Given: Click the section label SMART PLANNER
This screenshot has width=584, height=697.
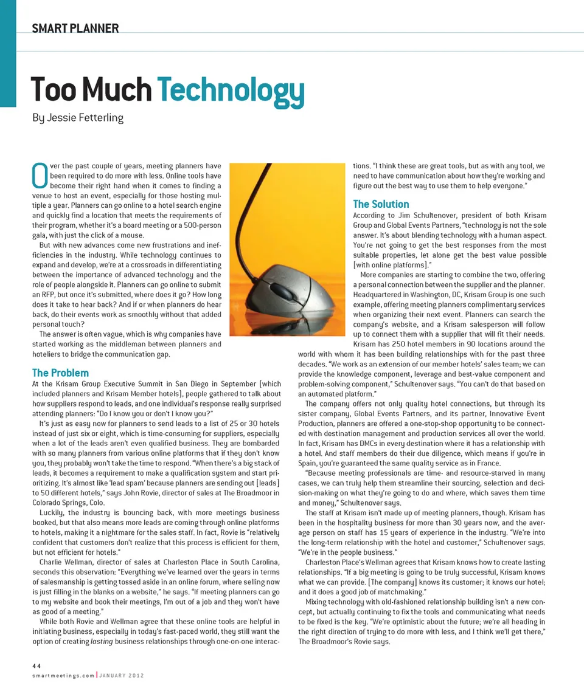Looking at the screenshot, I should pos(75,28).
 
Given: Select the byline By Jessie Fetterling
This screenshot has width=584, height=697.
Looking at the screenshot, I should pos(77,118).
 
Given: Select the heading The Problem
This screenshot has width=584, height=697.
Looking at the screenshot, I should pos(60,373).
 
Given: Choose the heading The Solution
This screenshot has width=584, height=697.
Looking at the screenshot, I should pos(381,204).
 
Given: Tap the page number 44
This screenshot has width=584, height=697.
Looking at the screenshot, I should pos(36,666).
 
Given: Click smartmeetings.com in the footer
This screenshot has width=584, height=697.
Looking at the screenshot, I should pos(63,675).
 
